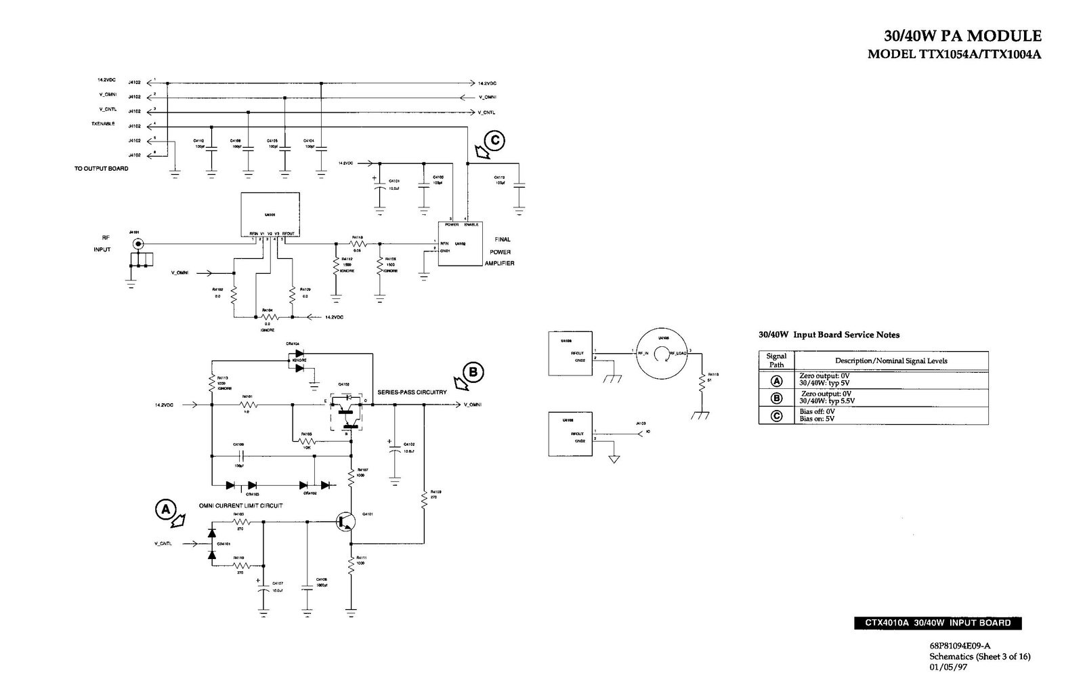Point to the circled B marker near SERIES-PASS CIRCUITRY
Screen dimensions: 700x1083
474,372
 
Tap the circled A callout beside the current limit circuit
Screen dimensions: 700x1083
165,509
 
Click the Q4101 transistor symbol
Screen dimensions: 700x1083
347,521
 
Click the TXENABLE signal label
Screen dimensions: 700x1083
103,124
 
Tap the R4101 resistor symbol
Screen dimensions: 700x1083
249,405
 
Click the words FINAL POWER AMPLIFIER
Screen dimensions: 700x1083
500,251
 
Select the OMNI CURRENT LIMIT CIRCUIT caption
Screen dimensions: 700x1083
240,506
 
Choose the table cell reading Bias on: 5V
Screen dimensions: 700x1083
817,419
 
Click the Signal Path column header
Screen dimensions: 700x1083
776,360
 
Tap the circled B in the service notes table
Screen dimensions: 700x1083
777,398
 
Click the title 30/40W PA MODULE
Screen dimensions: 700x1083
962,36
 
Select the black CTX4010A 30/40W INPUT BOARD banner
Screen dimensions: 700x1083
937,623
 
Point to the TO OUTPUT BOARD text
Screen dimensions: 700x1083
102,169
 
